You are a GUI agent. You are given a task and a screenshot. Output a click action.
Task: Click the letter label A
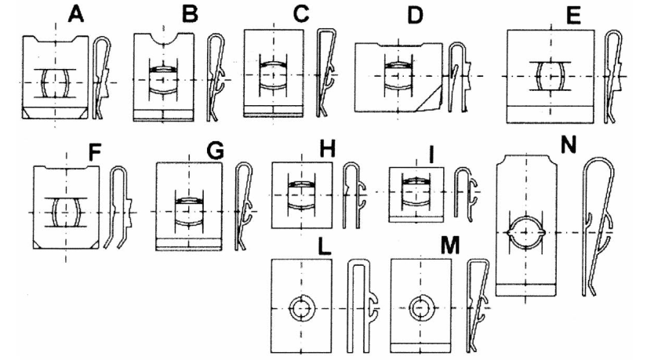coord(76,13)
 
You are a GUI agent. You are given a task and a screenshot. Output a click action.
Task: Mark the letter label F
coord(95,151)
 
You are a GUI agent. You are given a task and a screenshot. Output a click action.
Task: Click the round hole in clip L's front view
coord(300,308)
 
